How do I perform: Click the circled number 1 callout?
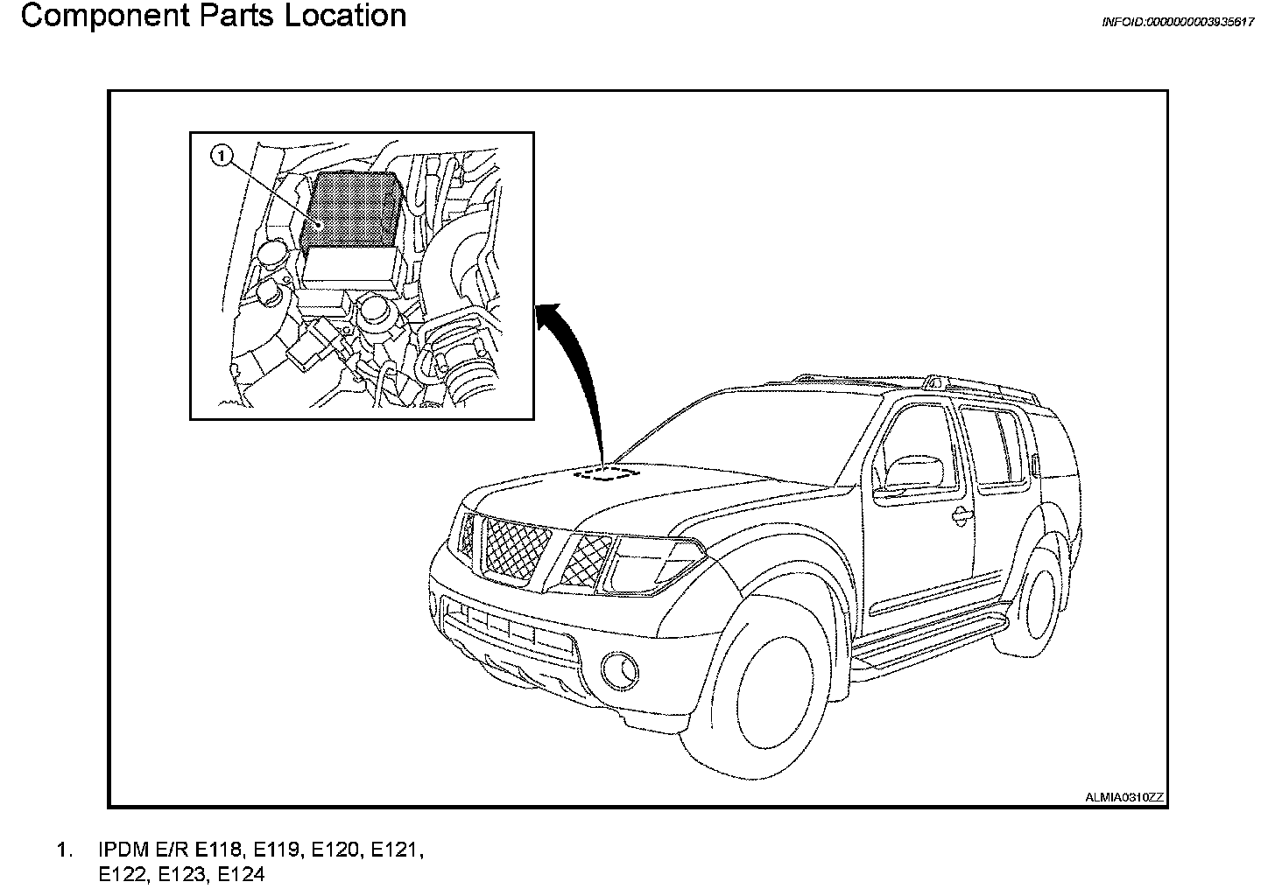[x=222, y=157]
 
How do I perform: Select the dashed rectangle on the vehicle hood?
[x=606, y=473]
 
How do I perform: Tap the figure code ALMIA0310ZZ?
[x=1124, y=796]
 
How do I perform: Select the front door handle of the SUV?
[x=962, y=514]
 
